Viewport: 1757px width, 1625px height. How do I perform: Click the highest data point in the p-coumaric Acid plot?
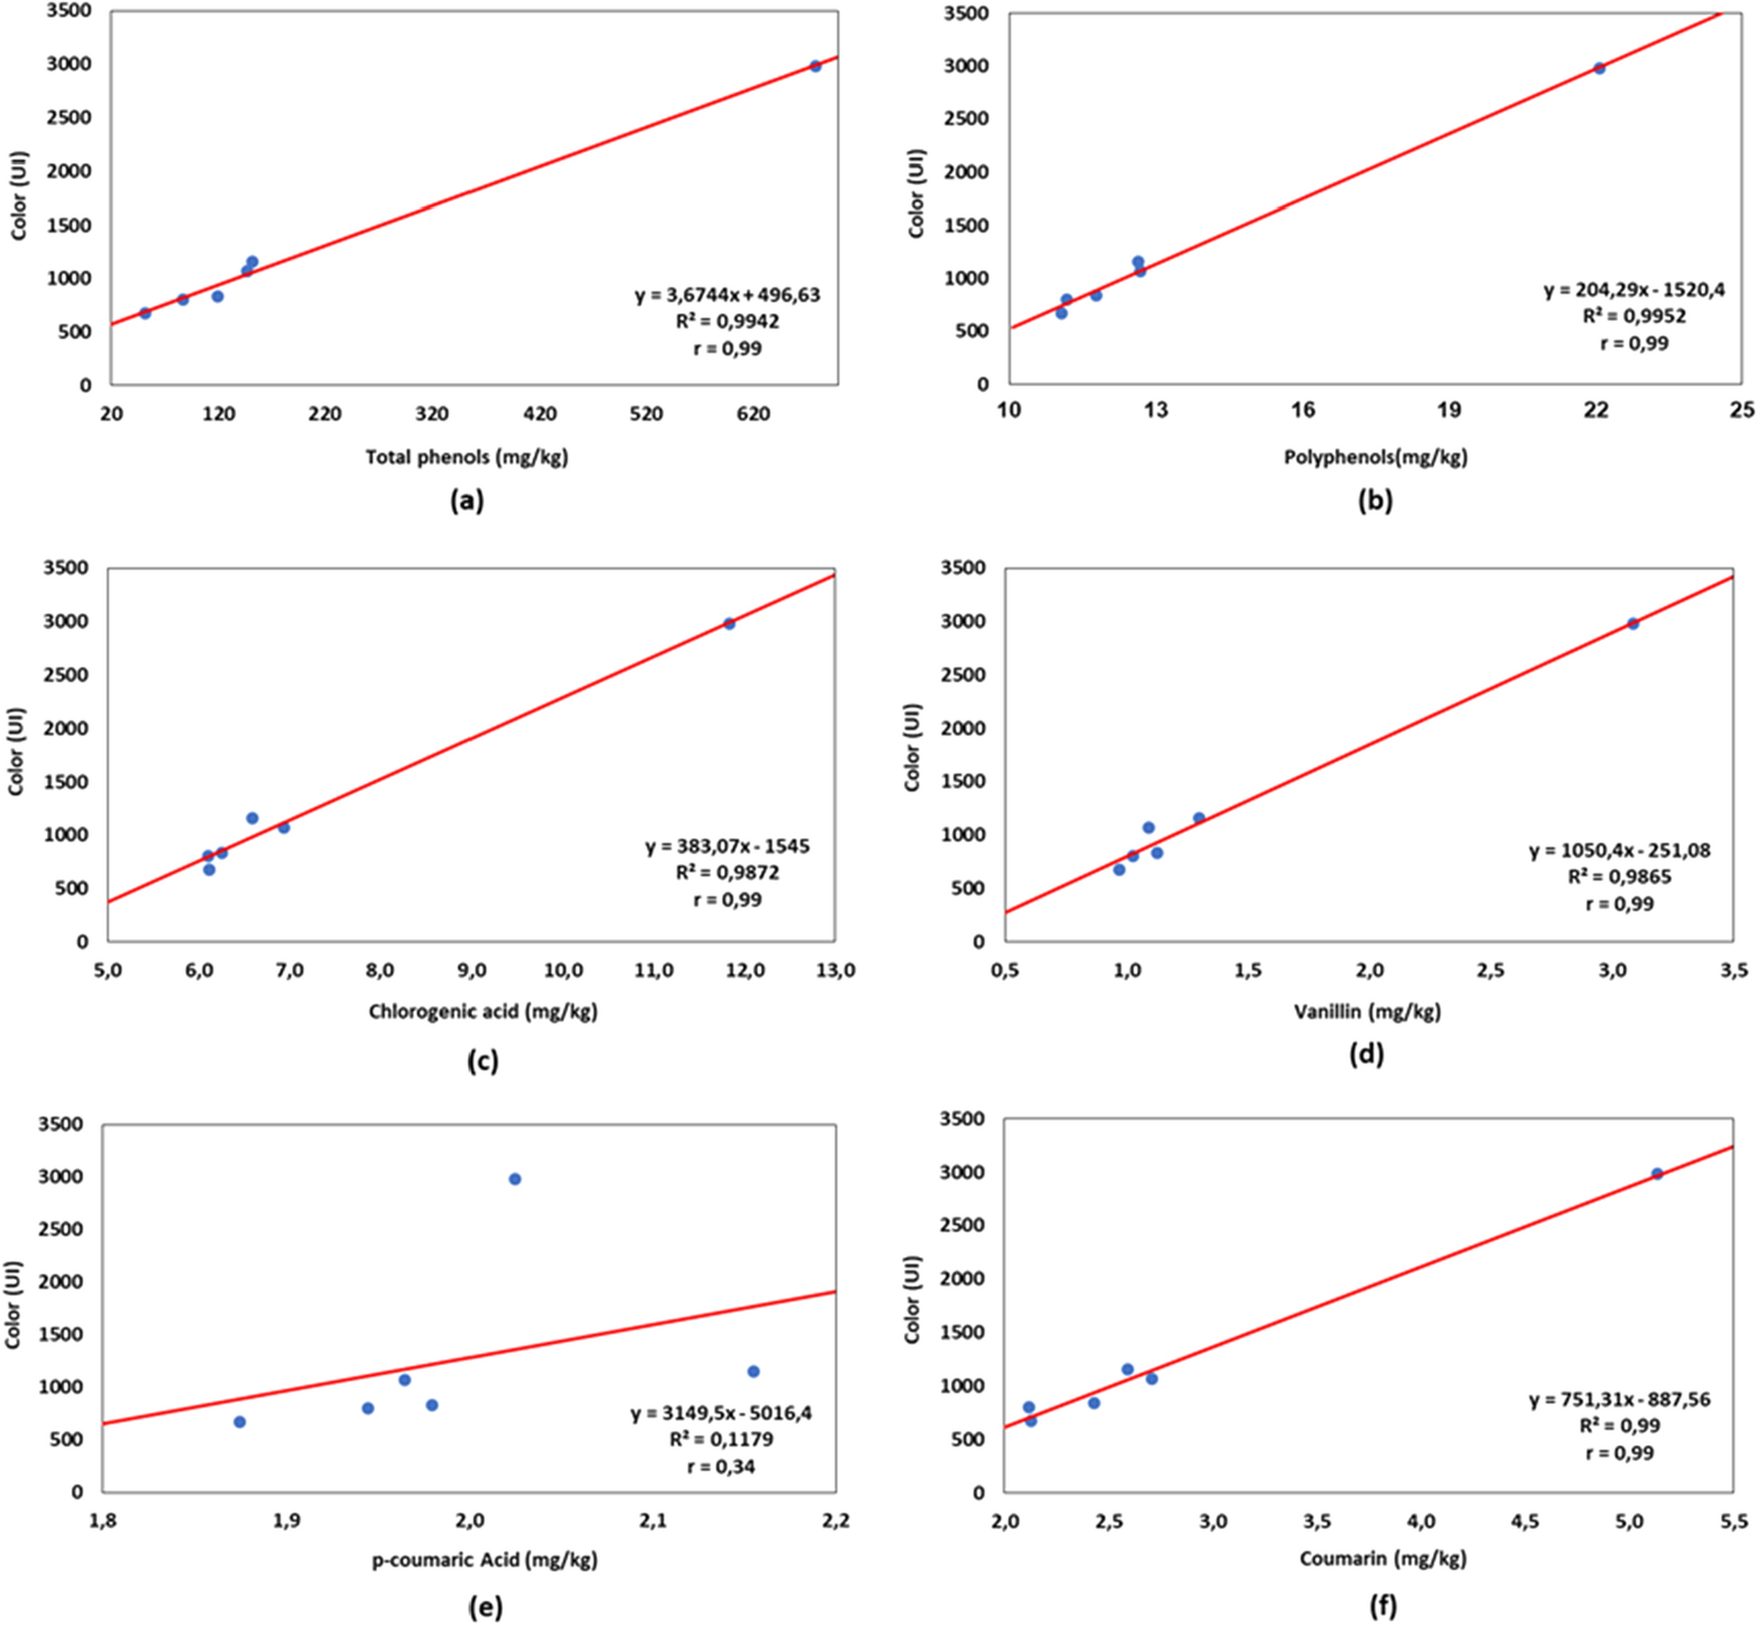514,1179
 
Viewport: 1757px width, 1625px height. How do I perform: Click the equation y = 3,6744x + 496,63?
727,295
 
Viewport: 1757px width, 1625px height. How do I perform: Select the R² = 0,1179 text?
721,1439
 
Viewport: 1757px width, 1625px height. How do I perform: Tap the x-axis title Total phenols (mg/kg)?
467,458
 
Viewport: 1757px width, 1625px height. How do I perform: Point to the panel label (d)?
1366,1054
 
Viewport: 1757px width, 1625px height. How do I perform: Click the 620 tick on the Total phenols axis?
753,414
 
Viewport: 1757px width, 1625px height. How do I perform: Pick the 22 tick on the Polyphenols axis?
1596,410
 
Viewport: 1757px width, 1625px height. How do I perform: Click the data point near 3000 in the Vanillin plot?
1632,624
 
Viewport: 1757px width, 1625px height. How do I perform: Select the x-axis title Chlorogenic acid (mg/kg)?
482,1011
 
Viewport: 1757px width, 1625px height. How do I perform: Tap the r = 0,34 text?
721,1466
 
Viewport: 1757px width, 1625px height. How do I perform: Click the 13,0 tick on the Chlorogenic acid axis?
835,971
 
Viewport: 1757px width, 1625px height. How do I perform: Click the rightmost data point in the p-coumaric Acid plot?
753,1371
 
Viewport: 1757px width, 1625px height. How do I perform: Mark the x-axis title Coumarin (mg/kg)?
1382,1558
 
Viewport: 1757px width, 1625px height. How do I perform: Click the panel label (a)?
467,502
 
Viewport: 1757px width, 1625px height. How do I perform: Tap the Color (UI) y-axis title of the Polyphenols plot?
916,194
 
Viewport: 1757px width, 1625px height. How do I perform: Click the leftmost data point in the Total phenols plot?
145,313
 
